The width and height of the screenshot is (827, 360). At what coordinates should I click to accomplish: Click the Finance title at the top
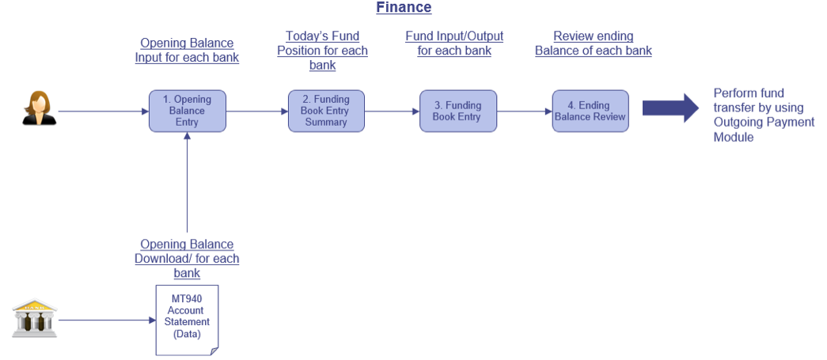pyautogui.click(x=404, y=7)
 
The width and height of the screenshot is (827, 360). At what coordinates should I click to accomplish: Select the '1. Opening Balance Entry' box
pyautogui.click(x=188, y=112)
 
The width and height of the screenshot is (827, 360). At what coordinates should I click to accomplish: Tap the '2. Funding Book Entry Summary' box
pyautogui.click(x=326, y=112)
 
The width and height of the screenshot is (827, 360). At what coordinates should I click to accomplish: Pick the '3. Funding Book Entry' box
pyautogui.click(x=457, y=112)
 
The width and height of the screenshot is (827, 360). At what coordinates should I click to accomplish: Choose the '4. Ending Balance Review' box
pyautogui.click(x=590, y=112)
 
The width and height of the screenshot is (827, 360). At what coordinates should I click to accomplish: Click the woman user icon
pyautogui.click(x=39, y=108)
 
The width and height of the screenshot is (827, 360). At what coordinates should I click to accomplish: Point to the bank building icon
pyautogui.click(x=35, y=318)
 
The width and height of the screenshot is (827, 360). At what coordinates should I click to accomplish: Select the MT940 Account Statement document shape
pyautogui.click(x=187, y=320)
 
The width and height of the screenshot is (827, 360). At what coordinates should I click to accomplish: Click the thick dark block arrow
pyautogui.click(x=670, y=108)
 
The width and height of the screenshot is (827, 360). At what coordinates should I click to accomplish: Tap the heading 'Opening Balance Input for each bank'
pyautogui.click(x=187, y=50)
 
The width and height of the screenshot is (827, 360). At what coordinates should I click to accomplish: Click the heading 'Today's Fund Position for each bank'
pyautogui.click(x=322, y=51)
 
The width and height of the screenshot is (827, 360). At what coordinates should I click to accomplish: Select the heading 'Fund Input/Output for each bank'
pyautogui.click(x=454, y=44)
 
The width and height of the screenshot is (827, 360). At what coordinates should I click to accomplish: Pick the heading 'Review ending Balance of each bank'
pyautogui.click(x=594, y=44)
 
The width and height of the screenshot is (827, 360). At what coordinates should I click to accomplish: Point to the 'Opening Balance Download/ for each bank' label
pyautogui.click(x=187, y=259)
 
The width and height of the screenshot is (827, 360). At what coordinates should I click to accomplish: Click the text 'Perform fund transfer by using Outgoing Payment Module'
pyautogui.click(x=764, y=115)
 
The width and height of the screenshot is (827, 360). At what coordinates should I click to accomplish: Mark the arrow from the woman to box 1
pyautogui.click(x=104, y=112)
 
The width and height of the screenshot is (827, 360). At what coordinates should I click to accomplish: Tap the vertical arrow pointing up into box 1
pyautogui.click(x=188, y=182)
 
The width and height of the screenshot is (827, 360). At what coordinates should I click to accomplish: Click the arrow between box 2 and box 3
pyautogui.click(x=392, y=112)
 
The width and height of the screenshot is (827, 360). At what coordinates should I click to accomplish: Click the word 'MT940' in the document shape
pyautogui.click(x=187, y=299)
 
